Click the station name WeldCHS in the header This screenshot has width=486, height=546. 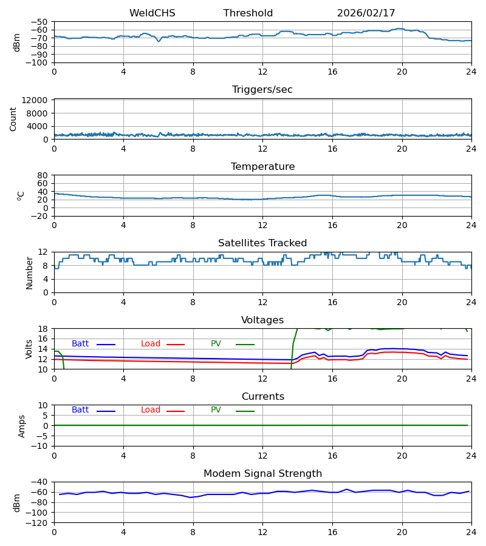152,13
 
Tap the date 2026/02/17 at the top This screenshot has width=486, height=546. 366,13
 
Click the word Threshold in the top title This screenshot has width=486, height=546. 248,13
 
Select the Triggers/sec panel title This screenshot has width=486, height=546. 262,90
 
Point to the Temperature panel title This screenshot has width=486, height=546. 262,167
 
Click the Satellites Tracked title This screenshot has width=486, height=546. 262,243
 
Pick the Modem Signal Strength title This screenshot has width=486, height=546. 262,474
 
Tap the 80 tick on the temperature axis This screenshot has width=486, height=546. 43,175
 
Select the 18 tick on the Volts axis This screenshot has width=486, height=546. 43,329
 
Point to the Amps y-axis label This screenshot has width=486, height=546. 22,426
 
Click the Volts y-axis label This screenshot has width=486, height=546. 29,349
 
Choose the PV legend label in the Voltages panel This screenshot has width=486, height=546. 216,344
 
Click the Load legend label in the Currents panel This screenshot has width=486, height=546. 150,410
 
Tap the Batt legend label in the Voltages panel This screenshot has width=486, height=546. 80,344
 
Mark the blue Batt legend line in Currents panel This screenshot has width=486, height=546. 106,411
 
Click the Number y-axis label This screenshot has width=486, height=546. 29,272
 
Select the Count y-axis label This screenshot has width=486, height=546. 13,119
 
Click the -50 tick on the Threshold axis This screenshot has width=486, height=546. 40,22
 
